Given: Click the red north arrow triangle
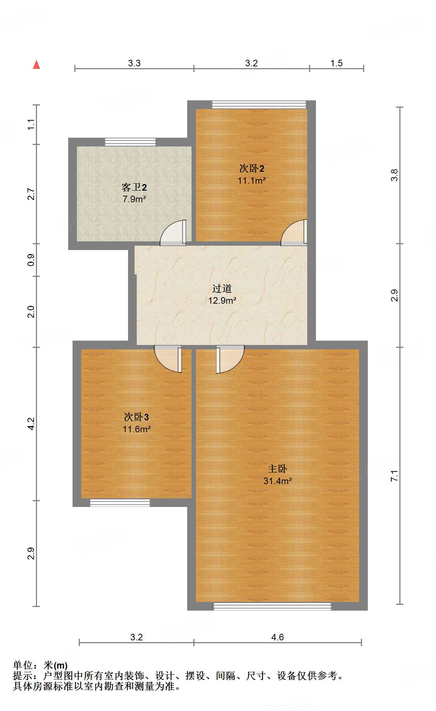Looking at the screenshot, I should tap(36, 65).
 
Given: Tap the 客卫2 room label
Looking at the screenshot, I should tap(134, 187).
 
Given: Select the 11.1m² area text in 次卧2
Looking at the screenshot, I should tap(251, 180).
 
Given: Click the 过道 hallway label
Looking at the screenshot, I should tap(222, 288).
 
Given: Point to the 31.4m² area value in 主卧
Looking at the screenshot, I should tap(277, 481).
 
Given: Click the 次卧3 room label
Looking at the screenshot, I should tap(136, 417).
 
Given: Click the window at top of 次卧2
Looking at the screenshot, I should tap(259, 105).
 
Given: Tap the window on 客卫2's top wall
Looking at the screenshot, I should tap(130, 142).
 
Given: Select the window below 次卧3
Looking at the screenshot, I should tap(120, 503).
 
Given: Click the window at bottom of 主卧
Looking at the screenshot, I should tap(272, 607).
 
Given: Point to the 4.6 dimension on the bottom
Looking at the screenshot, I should tap(277, 637).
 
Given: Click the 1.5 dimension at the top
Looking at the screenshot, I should tap(336, 63).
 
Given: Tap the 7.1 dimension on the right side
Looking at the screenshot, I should tap(394, 475).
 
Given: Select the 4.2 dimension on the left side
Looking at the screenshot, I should tap(31, 424).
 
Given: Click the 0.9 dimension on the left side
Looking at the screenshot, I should tap(31, 260).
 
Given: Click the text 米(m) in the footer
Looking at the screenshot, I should tap(55, 665).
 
